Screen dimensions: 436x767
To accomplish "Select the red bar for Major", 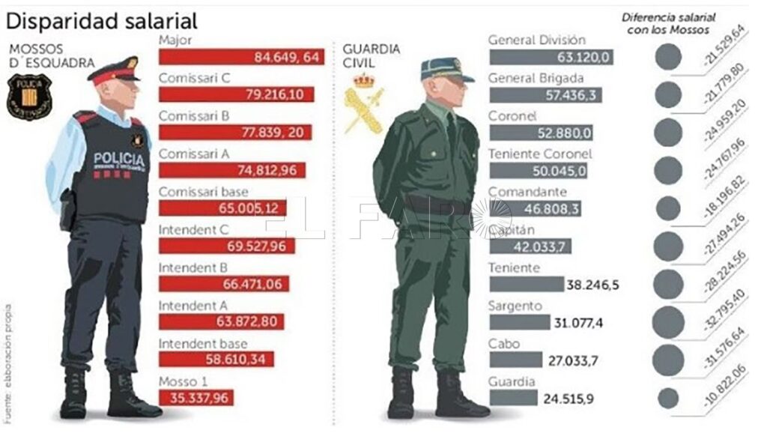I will [x=241, y=57].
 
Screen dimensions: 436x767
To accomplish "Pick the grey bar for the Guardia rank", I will [x=512, y=397].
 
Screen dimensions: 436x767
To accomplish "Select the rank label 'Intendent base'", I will [x=202, y=343].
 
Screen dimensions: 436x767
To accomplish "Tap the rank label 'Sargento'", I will [x=515, y=306].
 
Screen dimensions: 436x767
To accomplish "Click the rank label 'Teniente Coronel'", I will [x=540, y=154].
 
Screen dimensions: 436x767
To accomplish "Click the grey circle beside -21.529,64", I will [x=667, y=57].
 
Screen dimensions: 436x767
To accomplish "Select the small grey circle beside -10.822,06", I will [x=667, y=397].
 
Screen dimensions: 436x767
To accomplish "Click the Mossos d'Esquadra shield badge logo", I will [x=29, y=95].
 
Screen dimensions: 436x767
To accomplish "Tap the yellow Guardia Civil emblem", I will [x=363, y=101].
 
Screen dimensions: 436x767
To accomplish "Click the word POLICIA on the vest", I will [x=119, y=160].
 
